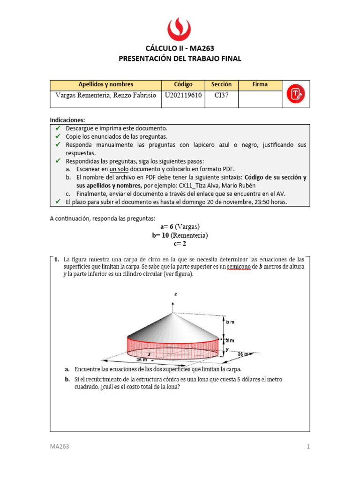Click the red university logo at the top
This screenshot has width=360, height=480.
pyautogui.click(x=180, y=29)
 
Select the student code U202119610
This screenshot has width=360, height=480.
pyautogui.click(x=183, y=95)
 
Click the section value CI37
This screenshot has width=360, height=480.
pyautogui.click(x=221, y=95)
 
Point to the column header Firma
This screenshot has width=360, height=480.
pyautogui.click(x=260, y=84)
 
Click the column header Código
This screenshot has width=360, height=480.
pyautogui.click(x=183, y=84)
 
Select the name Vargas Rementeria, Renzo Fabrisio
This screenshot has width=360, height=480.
pyautogui.click(x=105, y=95)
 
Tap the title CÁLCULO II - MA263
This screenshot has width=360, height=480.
pyautogui.click(x=180, y=48)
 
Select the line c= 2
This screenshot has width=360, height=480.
pyautogui.click(x=180, y=243)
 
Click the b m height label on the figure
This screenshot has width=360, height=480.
pyautogui.click(x=230, y=322)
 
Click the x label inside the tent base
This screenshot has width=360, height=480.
pyautogui.click(x=149, y=355)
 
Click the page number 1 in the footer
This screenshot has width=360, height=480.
pyautogui.click(x=308, y=447)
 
